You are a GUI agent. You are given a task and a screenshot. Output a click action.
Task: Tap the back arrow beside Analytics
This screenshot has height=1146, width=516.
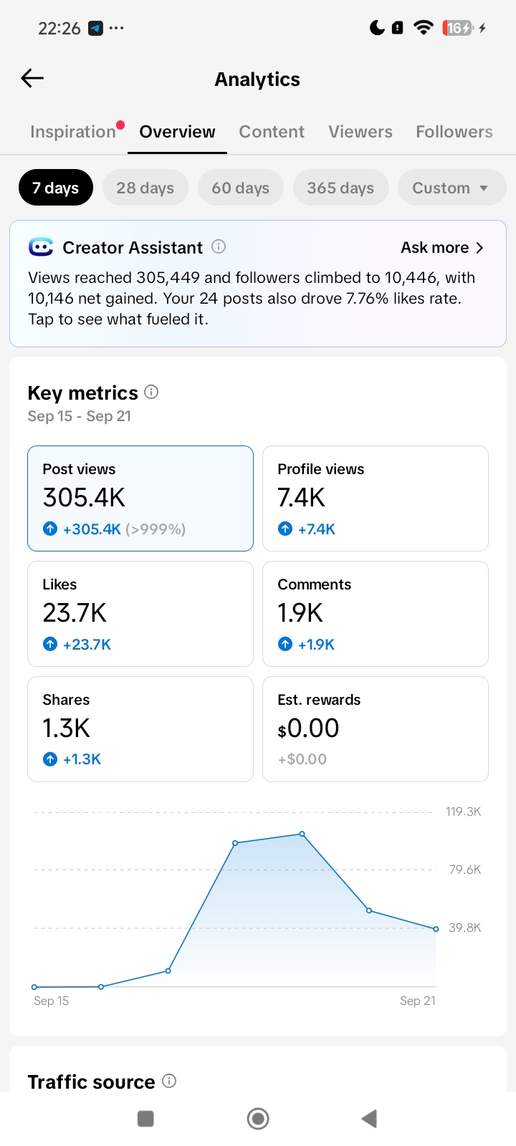click(32, 78)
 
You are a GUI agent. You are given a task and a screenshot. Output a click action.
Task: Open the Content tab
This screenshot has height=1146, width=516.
click(272, 132)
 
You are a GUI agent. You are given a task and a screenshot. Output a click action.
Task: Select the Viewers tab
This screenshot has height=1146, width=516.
click(360, 132)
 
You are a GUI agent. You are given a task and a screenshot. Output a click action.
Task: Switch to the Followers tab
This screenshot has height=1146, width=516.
click(454, 132)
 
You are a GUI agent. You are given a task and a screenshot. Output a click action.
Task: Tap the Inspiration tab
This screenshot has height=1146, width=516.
click(72, 132)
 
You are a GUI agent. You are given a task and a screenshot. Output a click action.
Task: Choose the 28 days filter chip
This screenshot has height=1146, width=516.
click(145, 188)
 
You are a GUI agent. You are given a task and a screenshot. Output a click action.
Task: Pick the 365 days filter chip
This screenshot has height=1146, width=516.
click(340, 188)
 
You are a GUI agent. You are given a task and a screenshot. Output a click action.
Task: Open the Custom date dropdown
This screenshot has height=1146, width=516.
click(451, 188)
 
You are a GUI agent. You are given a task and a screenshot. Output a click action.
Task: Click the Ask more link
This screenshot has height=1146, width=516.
click(441, 248)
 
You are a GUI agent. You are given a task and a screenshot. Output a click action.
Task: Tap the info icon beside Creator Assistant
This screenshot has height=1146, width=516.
click(219, 246)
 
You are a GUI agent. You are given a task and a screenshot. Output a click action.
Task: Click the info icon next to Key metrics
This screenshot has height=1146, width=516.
click(151, 392)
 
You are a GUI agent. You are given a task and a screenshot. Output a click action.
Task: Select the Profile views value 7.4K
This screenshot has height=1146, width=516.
click(301, 497)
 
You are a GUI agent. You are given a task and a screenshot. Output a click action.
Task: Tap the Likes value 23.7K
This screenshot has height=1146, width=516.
click(75, 613)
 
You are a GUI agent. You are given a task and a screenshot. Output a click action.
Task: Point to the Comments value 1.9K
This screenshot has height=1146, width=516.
click(300, 613)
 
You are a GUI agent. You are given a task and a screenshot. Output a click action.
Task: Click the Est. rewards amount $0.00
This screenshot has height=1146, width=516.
click(308, 728)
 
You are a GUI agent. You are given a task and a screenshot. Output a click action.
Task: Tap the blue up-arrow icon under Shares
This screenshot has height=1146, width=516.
click(50, 759)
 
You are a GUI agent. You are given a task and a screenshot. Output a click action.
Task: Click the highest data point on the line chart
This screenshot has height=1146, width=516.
click(302, 834)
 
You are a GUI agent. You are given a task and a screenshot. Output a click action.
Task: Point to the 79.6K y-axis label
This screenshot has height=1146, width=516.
click(465, 870)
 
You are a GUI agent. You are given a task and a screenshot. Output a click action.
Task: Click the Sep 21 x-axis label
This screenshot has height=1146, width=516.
click(418, 1001)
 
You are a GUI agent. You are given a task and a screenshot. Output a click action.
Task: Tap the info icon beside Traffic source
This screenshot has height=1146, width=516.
click(169, 1081)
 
